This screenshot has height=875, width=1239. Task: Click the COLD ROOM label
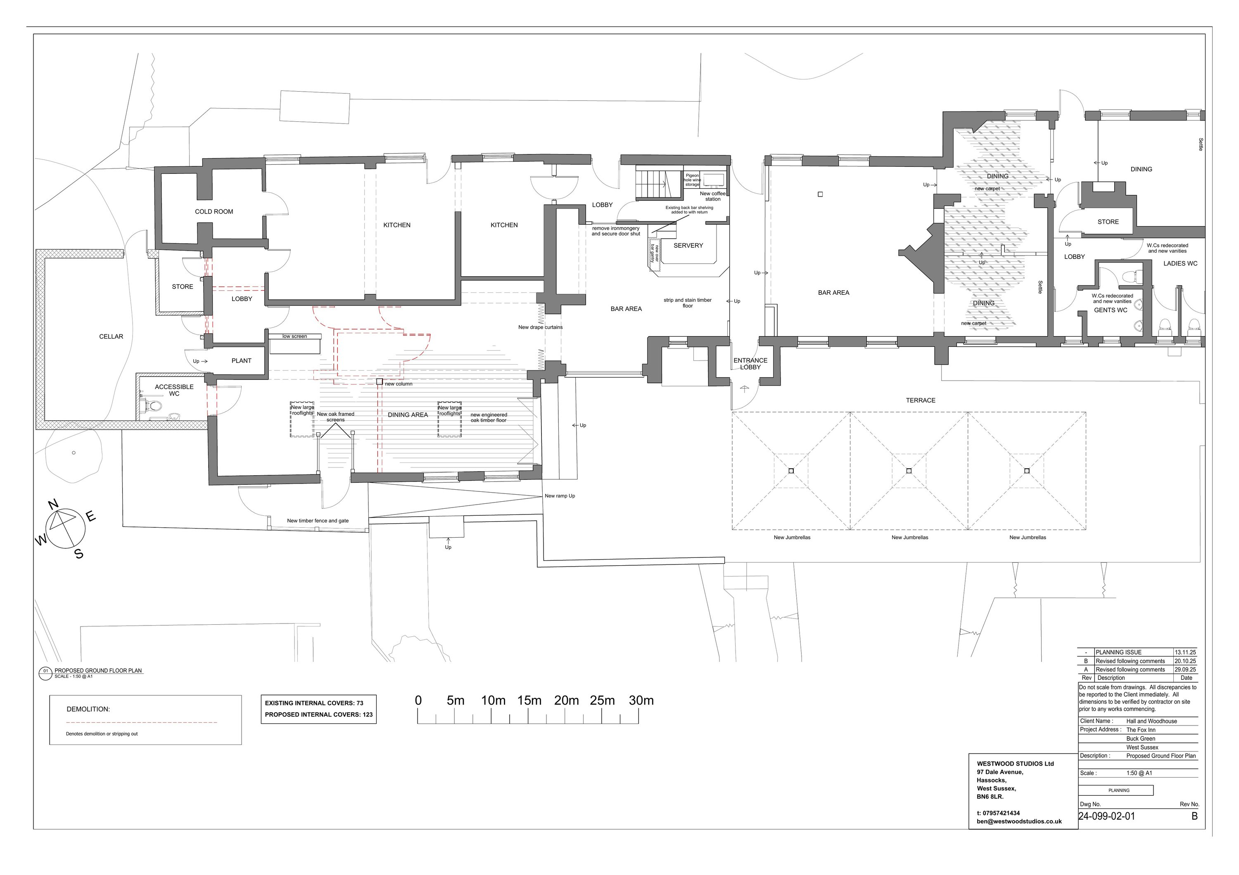(x=214, y=211)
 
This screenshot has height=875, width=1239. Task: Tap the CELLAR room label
(x=111, y=337)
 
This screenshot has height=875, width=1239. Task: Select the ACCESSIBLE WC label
(x=174, y=390)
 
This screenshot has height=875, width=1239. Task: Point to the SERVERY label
(x=688, y=245)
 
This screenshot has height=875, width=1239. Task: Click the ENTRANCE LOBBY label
(x=750, y=364)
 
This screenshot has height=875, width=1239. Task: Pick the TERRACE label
(x=921, y=400)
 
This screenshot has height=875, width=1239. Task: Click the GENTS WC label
(x=1111, y=310)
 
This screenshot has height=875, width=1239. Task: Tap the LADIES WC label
(x=1180, y=264)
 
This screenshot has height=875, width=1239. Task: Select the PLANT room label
(x=241, y=361)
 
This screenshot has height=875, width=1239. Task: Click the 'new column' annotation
(x=398, y=384)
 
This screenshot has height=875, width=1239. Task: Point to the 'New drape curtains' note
(x=540, y=327)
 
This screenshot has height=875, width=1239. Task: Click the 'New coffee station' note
(x=713, y=197)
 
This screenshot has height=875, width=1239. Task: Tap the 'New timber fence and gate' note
(x=318, y=521)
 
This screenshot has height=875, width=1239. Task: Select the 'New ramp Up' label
(x=560, y=496)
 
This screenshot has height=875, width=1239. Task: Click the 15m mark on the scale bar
(x=529, y=701)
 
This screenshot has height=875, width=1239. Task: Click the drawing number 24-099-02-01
(x=1106, y=816)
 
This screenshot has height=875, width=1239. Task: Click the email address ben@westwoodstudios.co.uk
(x=1019, y=822)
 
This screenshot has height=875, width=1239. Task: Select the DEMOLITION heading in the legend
(x=88, y=709)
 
